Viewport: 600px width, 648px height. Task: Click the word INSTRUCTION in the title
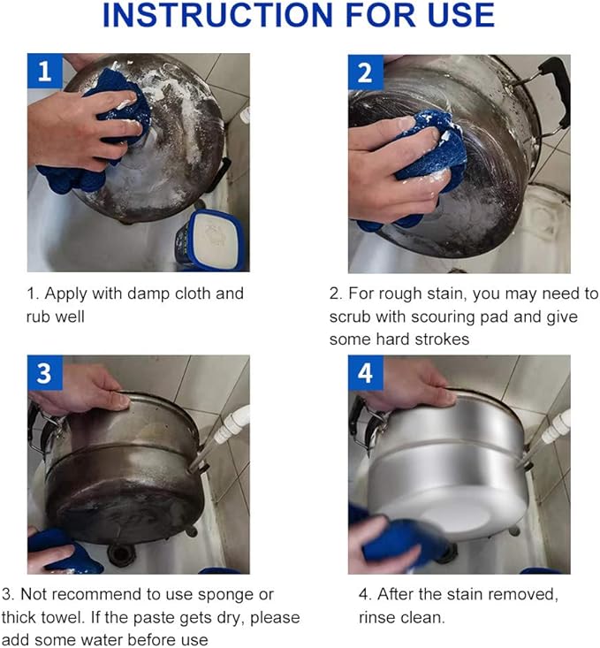pyautogui.click(x=217, y=16)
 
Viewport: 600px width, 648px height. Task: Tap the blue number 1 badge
pyautogui.click(x=45, y=71)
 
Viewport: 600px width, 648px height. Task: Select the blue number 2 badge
pyautogui.click(x=365, y=72)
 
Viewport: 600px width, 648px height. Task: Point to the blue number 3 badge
pyautogui.click(x=45, y=373)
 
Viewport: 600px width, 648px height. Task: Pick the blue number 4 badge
pyautogui.click(x=366, y=373)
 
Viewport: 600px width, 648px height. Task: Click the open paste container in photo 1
pyautogui.click(x=211, y=240)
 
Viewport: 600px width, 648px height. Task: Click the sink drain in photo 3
pyautogui.click(x=122, y=554)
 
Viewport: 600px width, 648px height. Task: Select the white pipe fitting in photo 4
pyautogui.click(x=556, y=428)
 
